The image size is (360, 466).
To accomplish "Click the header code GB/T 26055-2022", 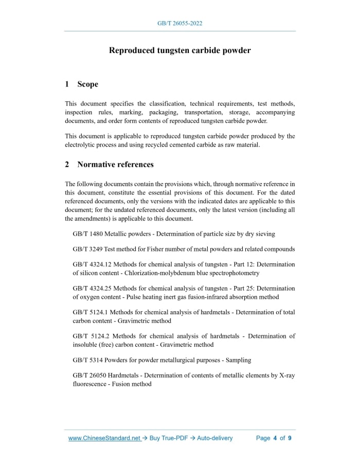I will point(179,24).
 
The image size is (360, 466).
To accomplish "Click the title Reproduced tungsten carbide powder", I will point(179,50).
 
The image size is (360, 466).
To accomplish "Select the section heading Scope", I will point(87,84).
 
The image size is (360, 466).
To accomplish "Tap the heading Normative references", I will point(115,165).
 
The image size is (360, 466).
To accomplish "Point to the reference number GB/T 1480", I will point(87,234).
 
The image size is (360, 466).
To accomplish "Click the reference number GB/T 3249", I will point(87,249).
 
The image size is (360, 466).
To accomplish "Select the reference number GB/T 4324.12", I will point(92,265).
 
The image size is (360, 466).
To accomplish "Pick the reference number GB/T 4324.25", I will point(92,289).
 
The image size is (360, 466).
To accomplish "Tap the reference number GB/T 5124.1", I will point(90,312).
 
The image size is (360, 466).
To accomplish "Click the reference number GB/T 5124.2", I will point(91,336).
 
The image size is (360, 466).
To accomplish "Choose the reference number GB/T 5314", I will point(87,360).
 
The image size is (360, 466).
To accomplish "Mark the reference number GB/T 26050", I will point(89,376).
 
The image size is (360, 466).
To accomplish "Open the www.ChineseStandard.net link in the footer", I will point(104,438).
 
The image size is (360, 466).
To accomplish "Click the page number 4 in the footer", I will point(275,438).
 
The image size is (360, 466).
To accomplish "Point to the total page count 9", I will point(290,438).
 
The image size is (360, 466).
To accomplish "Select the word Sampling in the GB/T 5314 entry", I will point(238,360).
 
